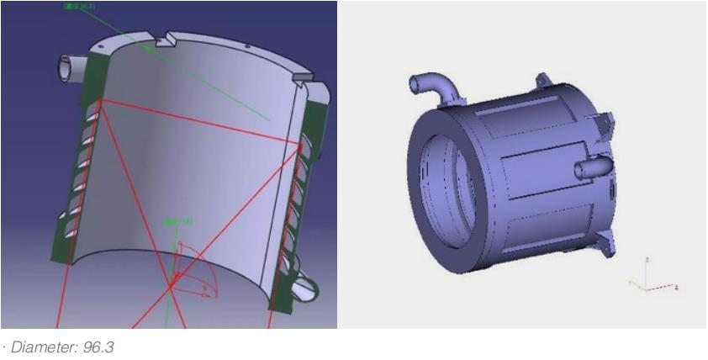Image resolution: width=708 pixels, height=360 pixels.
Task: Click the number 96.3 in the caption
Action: [x=98, y=347]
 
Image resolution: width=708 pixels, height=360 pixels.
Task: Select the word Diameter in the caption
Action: [x=43, y=347]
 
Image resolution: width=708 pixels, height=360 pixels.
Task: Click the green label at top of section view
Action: [x=79, y=7]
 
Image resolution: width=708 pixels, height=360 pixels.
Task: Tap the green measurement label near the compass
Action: [x=177, y=221]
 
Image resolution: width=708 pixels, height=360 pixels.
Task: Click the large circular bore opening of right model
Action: [x=446, y=191]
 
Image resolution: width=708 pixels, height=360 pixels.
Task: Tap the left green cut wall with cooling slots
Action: [x=80, y=168]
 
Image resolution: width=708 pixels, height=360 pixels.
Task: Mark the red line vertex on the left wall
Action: [x=99, y=101]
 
